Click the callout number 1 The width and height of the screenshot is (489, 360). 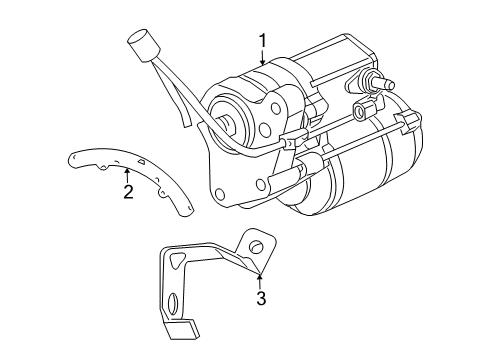(x=262, y=41)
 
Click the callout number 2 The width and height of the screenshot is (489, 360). (x=127, y=191)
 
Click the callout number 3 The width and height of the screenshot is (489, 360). (x=260, y=298)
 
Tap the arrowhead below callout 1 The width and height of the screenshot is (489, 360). (x=262, y=66)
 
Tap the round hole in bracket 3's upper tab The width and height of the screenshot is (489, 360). (x=254, y=246)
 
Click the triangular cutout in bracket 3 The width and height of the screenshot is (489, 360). (x=178, y=260)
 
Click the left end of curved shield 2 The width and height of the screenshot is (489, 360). (x=72, y=155)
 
